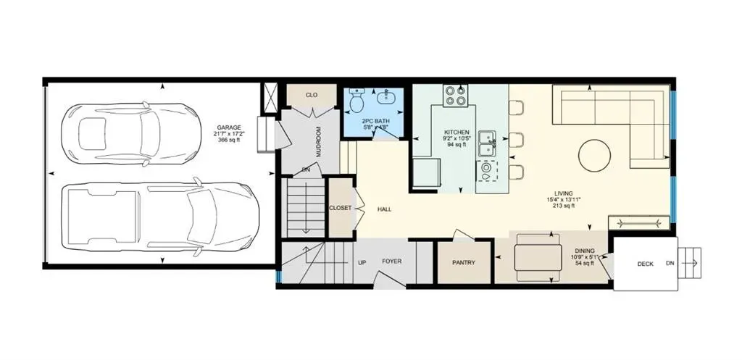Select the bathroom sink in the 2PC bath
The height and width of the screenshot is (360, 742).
click(383, 98)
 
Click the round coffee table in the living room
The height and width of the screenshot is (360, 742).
click(594, 155)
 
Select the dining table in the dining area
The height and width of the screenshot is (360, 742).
click(537, 257)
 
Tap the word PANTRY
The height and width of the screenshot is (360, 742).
click(463, 263)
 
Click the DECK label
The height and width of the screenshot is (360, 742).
click(645, 264)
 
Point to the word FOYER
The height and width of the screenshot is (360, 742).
click(392, 261)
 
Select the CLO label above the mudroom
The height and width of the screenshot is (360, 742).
click(312, 94)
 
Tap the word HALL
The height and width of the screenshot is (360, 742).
click(384, 209)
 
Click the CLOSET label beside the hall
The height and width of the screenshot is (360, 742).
click(340, 208)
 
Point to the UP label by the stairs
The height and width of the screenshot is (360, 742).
click(362, 262)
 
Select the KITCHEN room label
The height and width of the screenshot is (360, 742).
click(457, 132)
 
